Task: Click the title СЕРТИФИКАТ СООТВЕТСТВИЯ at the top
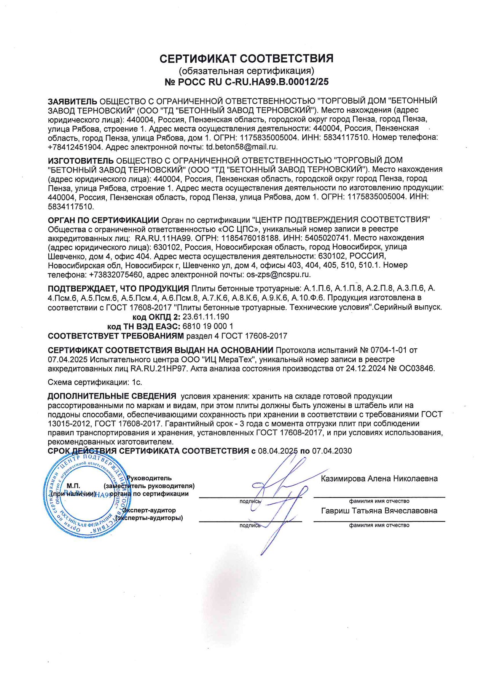pos(246,59)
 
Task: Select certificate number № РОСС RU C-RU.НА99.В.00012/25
pos(246,82)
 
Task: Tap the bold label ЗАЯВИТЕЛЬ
pos(72,101)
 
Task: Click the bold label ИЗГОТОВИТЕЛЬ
pos(80,160)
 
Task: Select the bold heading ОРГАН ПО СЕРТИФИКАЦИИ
pos(103,220)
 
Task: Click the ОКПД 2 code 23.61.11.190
pos(206,317)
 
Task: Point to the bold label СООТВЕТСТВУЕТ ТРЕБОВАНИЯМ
pos(116,336)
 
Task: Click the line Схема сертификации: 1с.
pos(95,382)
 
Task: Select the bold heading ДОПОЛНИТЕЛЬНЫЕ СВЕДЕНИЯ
pos(112,396)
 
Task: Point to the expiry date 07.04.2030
pos(332,451)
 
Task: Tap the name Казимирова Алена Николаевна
pos(379,479)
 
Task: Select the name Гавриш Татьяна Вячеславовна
pos(379,511)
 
